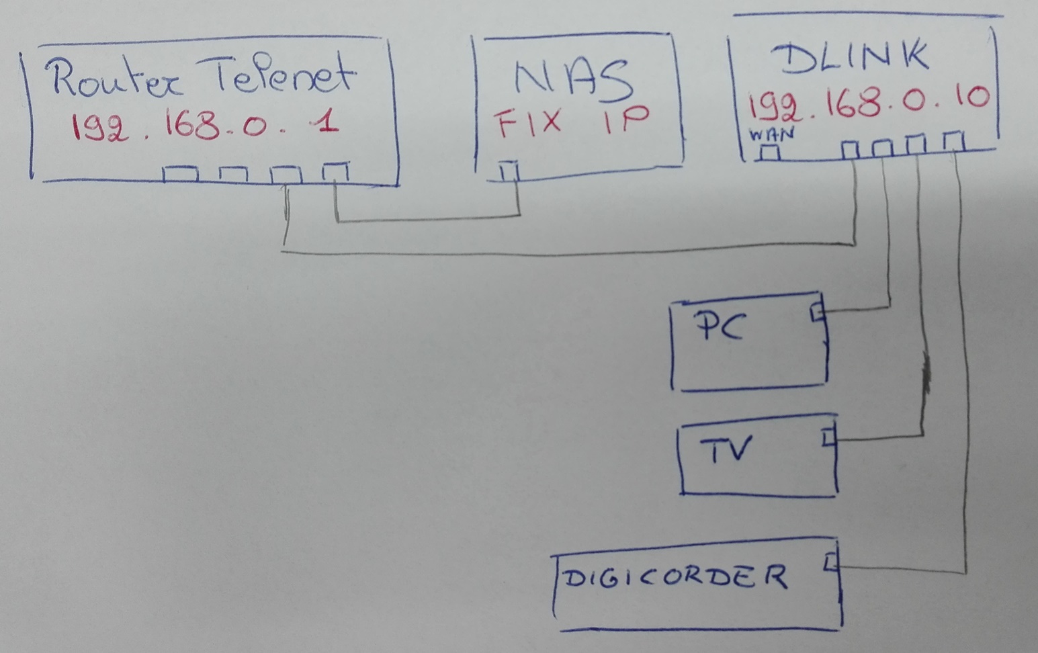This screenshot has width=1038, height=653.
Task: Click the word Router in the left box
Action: [114, 79]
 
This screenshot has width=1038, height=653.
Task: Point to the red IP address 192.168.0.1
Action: [204, 126]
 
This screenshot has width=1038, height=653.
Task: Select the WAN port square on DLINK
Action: [769, 153]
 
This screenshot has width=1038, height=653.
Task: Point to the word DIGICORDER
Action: [675, 576]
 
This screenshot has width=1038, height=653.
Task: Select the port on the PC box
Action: [817, 313]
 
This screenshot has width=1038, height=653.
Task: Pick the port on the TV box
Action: [829, 437]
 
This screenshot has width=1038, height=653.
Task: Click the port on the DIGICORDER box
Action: [832, 561]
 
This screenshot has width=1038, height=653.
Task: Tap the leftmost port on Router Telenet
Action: [179, 174]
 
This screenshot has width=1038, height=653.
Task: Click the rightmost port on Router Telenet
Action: [335, 172]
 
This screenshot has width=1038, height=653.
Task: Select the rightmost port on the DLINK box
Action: [953, 142]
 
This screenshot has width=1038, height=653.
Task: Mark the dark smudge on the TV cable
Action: [927, 376]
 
